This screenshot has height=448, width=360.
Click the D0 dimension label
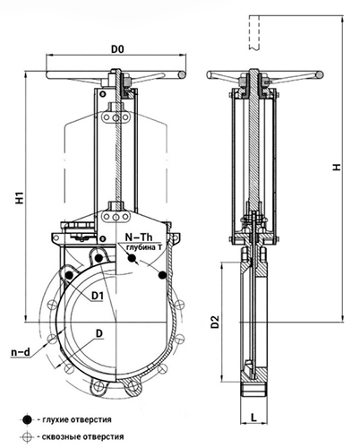pos(117,49)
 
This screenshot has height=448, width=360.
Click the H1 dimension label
pos(20,198)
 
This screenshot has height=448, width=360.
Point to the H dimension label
pos(337,167)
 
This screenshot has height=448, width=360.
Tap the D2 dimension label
pos(215,322)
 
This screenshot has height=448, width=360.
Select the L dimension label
pos(253,418)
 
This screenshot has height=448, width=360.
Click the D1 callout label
pos(98,296)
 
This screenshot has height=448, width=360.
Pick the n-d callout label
pos(21,352)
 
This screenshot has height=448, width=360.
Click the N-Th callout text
pos(139,237)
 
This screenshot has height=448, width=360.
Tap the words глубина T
pos(144,247)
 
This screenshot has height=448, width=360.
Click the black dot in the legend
pos(28,419)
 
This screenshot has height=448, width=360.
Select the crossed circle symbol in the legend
pos(27,437)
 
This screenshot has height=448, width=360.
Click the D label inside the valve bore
pos(99,333)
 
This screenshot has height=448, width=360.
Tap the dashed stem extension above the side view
pos(253,33)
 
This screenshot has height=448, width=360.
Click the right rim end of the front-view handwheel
pos(182,74)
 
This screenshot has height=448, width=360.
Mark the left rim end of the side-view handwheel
pos(210,74)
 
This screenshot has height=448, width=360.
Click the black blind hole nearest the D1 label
pos(69,275)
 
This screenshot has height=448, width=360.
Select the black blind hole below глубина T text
pos(131,258)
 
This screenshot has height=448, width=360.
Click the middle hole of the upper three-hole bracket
pos(116,117)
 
